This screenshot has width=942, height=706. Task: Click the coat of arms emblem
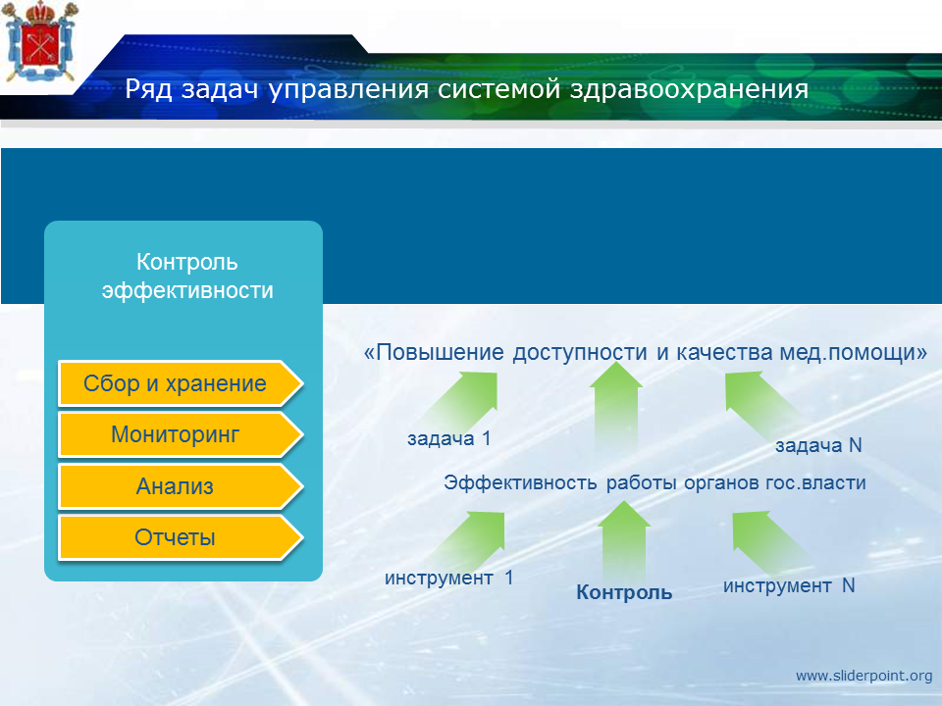point(41,41)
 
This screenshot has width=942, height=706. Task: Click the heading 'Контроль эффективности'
point(187,277)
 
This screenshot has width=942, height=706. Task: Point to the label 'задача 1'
point(449,439)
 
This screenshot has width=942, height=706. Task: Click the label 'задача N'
point(818,445)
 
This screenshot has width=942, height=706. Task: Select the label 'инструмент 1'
point(448,579)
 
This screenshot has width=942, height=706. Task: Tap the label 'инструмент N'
point(789,586)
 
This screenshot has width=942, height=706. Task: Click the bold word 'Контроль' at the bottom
point(624,592)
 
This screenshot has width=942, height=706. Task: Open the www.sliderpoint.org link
point(863,676)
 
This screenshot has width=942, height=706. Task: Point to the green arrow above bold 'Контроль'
point(624,540)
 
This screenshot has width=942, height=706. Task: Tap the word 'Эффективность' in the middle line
point(520,482)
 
